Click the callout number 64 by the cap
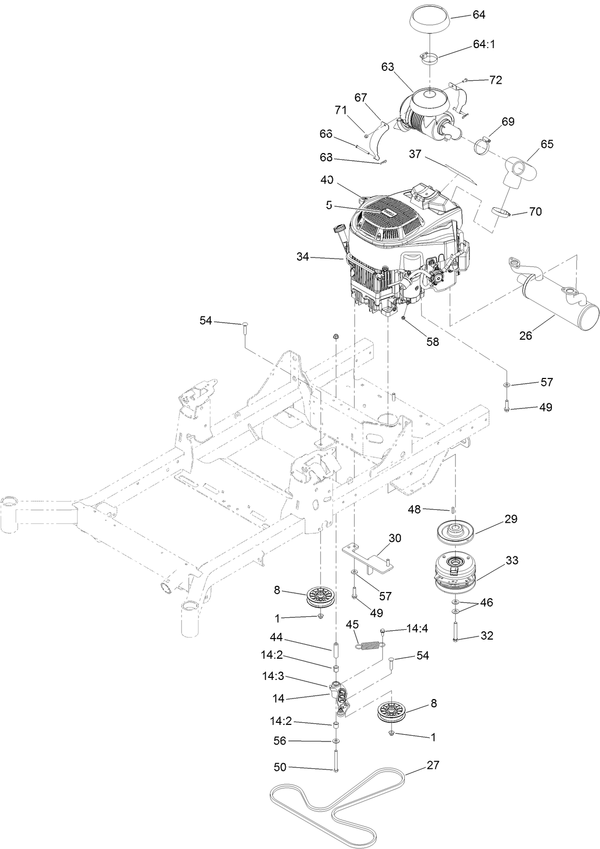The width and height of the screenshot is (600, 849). click(479, 14)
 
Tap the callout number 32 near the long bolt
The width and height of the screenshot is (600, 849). click(487, 635)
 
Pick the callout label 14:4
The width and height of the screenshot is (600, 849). click(418, 629)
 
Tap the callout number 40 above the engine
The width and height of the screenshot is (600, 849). click(326, 180)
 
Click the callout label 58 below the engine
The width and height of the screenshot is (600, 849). click(432, 342)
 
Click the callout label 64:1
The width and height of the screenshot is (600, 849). click(484, 44)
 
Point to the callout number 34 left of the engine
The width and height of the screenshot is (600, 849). click(304, 256)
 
